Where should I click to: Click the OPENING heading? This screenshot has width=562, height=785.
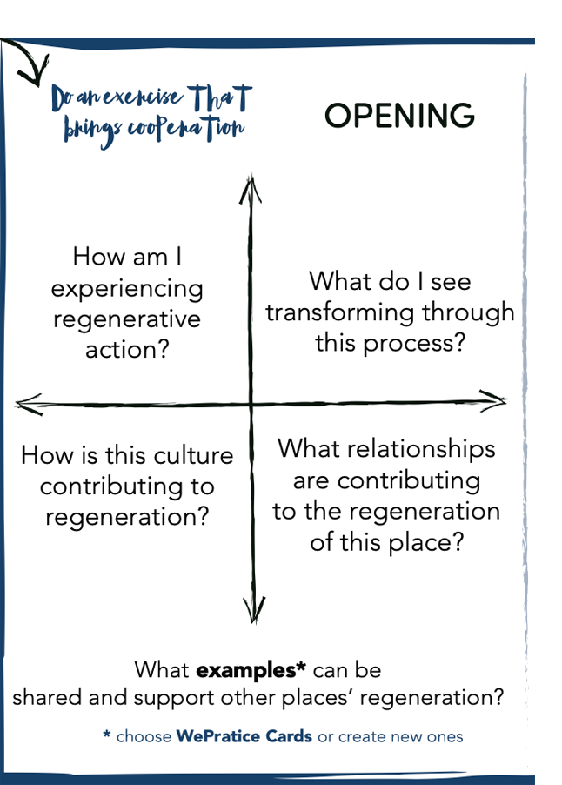[x=400, y=116]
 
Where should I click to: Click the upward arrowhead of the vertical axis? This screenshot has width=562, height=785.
[x=251, y=186]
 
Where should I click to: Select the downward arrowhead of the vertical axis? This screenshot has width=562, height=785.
[x=253, y=608]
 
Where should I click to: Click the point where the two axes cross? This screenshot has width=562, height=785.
[x=251, y=404]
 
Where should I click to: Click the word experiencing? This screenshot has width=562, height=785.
[x=127, y=288]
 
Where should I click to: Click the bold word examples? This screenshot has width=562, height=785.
[x=250, y=671]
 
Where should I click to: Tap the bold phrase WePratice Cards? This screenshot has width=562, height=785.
[x=244, y=736]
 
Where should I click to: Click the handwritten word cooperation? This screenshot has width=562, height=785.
[x=186, y=129]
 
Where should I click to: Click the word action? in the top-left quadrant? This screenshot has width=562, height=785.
[x=127, y=351]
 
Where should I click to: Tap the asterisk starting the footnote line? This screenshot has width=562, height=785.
[x=106, y=736]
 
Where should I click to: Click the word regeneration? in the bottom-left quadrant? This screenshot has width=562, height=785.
[x=127, y=517]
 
